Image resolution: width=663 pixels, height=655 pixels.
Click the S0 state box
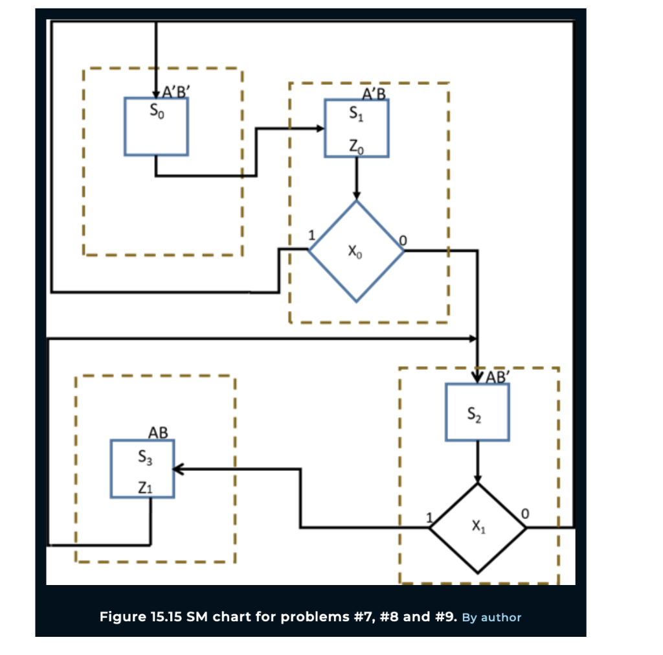tap(156, 126)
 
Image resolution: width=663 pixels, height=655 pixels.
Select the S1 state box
tap(357, 128)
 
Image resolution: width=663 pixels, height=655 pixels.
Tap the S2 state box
tap(477, 413)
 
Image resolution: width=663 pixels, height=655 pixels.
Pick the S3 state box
tap(142, 468)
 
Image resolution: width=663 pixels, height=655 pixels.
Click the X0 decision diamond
tap(356, 251)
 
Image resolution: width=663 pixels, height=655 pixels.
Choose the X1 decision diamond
tap(478, 528)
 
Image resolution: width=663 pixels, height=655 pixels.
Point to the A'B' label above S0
tap(173, 91)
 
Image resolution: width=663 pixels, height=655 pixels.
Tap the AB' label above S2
tap(498, 377)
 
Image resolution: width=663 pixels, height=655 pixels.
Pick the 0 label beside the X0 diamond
tap(403, 241)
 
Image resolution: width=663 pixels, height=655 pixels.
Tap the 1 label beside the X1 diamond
tap(428, 517)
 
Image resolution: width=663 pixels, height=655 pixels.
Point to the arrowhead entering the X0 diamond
tap(356, 196)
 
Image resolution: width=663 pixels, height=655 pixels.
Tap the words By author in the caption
tap(492, 617)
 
